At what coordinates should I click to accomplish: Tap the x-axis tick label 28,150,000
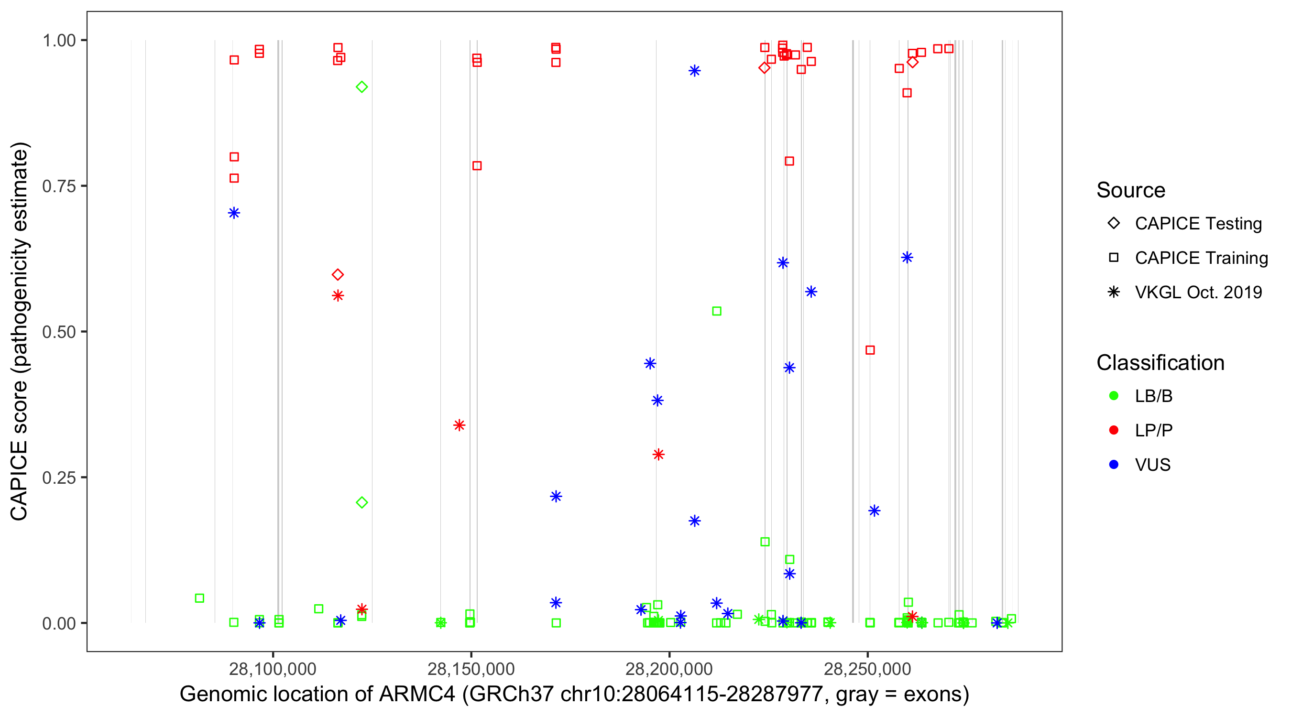[x=470, y=669]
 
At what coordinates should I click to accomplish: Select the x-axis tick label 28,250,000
[x=867, y=669]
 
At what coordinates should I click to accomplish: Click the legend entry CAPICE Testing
[x=1198, y=224]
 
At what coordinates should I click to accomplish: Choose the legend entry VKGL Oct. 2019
[x=1198, y=292]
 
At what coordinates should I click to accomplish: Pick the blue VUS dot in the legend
[x=1114, y=465]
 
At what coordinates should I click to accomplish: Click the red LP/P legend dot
[x=1114, y=430]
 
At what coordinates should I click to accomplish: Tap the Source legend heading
[x=1130, y=190]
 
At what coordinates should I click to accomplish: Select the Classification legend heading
[x=1160, y=363]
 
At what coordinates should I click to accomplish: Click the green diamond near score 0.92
[x=361, y=87]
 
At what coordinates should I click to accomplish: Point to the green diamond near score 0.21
[x=361, y=502]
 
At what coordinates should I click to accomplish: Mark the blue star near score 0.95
[x=694, y=71]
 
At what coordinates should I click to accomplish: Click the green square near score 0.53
[x=717, y=311]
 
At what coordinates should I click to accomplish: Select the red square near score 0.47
[x=870, y=350]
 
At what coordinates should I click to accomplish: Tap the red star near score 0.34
[x=459, y=425]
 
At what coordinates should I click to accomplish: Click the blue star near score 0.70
[x=233, y=213]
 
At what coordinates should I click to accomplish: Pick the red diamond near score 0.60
[x=338, y=274]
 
